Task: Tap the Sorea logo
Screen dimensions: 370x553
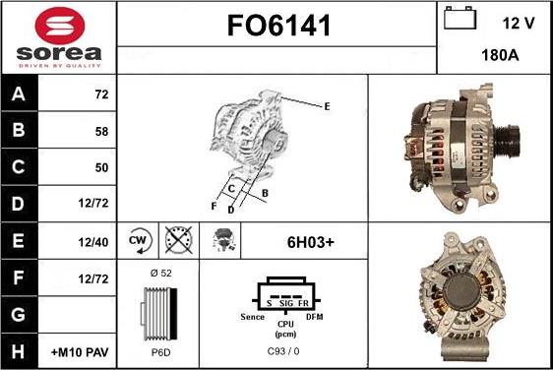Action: (x=58, y=37)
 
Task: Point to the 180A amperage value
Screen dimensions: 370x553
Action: (x=500, y=56)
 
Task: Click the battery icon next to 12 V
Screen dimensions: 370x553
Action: (x=459, y=20)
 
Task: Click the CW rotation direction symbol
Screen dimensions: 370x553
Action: (x=140, y=239)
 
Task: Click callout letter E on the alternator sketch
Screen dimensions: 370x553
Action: (x=327, y=106)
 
